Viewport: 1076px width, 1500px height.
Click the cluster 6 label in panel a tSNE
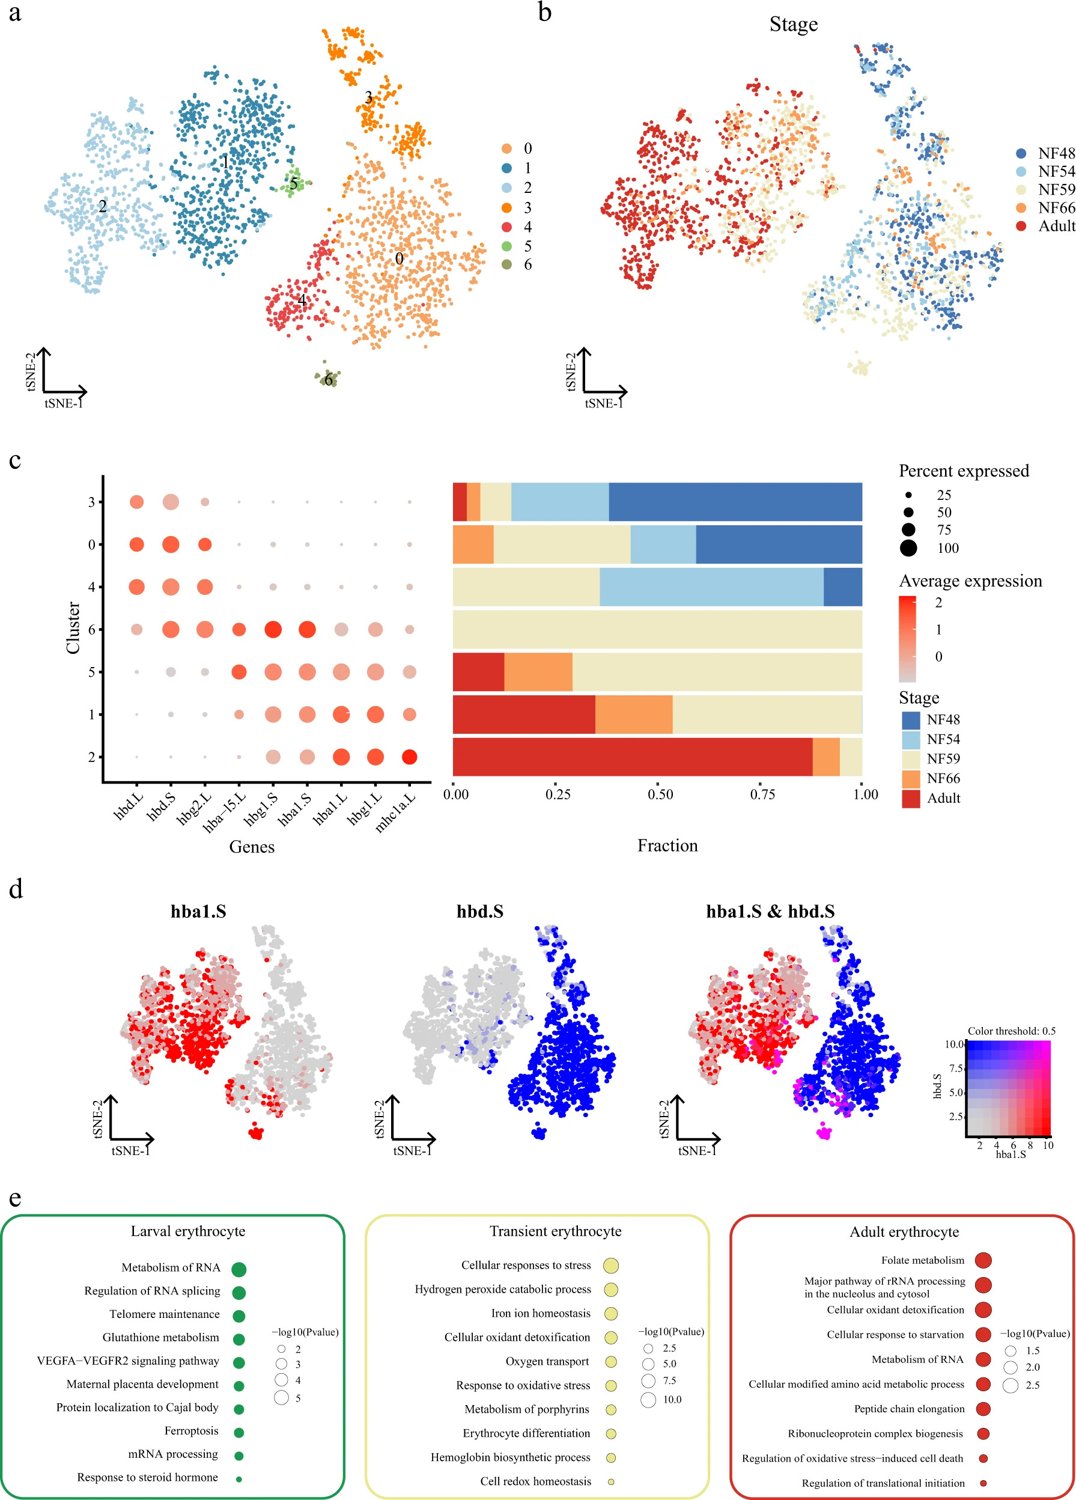(x=328, y=380)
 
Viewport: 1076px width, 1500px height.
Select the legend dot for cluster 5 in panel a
(x=506, y=246)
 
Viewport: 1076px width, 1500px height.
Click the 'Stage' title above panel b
(x=793, y=25)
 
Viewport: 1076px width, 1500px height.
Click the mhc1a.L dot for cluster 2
(x=409, y=757)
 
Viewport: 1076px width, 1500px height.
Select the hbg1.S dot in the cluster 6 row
(x=273, y=630)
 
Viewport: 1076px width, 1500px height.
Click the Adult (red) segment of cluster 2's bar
(x=631, y=757)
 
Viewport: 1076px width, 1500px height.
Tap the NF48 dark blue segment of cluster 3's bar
(x=735, y=502)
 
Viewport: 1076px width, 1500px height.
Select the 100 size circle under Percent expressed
(x=908, y=547)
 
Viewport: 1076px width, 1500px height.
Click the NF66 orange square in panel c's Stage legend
(x=911, y=778)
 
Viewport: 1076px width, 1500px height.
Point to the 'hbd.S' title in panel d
(x=479, y=912)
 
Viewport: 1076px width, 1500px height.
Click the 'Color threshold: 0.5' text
(x=1011, y=1031)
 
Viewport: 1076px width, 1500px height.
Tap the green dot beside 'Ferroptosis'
(x=239, y=1432)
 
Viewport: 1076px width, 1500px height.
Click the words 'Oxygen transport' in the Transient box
(x=547, y=1361)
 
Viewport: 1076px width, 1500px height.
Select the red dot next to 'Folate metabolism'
(x=983, y=1261)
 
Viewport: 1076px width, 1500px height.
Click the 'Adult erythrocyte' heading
(x=904, y=1231)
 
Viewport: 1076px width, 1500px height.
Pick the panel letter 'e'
(x=14, y=1198)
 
